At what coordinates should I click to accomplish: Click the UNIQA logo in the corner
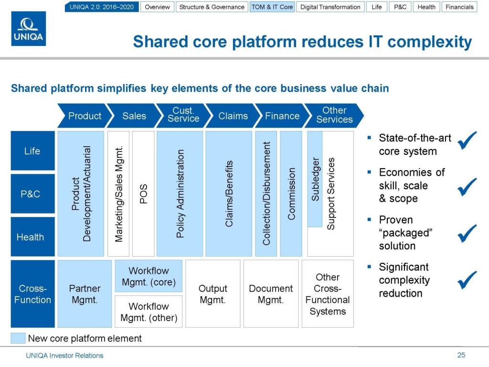(x=29, y=29)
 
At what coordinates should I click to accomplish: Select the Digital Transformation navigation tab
(x=330, y=7)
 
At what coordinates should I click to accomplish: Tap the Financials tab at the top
(x=459, y=7)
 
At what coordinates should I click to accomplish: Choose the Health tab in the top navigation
(x=426, y=7)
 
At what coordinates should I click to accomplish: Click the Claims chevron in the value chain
(x=233, y=116)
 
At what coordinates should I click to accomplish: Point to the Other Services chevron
(x=334, y=116)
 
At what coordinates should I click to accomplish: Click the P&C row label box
(x=33, y=194)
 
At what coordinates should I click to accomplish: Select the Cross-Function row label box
(x=33, y=294)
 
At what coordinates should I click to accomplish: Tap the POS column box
(x=143, y=194)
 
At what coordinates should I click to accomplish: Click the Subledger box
(x=315, y=179)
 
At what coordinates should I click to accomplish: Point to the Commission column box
(x=291, y=194)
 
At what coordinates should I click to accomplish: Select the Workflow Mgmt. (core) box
(x=149, y=276)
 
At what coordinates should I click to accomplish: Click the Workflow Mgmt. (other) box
(x=149, y=312)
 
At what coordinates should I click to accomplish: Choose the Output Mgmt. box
(x=213, y=294)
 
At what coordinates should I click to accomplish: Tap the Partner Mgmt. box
(x=85, y=294)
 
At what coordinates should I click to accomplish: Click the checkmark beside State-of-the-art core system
(x=467, y=140)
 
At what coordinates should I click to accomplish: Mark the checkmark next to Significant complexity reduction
(x=467, y=280)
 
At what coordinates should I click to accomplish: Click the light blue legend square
(x=18, y=338)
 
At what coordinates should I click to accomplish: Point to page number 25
(x=461, y=355)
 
